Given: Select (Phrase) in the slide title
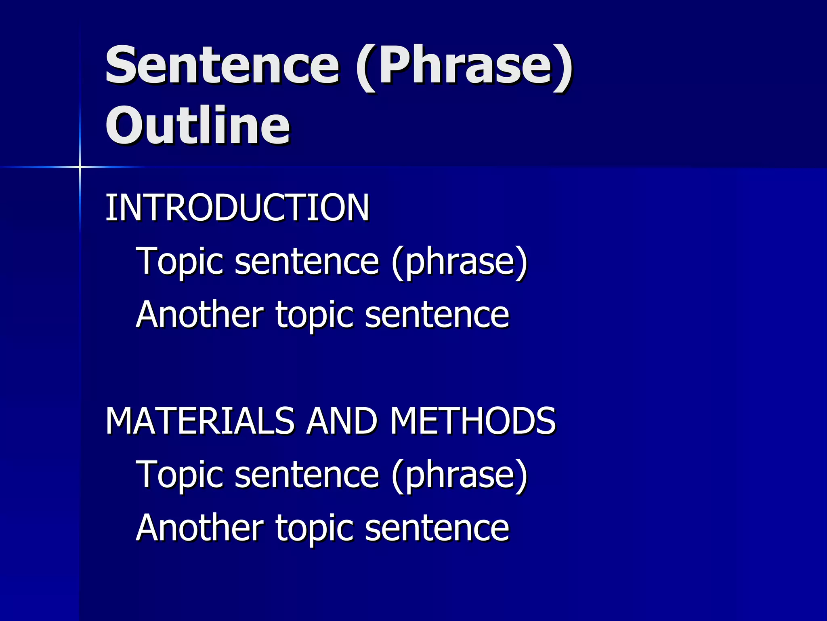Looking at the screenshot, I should click(464, 67).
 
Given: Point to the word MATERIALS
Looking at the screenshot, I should click(200, 421).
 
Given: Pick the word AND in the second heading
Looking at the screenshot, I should click(341, 421).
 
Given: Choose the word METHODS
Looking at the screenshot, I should click(472, 421).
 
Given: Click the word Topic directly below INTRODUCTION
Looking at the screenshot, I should click(180, 262).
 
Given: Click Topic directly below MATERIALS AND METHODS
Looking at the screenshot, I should click(180, 475).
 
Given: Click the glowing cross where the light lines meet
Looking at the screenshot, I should click(80, 167).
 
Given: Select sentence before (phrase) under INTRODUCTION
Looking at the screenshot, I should click(306, 262).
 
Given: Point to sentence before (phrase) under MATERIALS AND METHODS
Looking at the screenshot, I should click(306, 475).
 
